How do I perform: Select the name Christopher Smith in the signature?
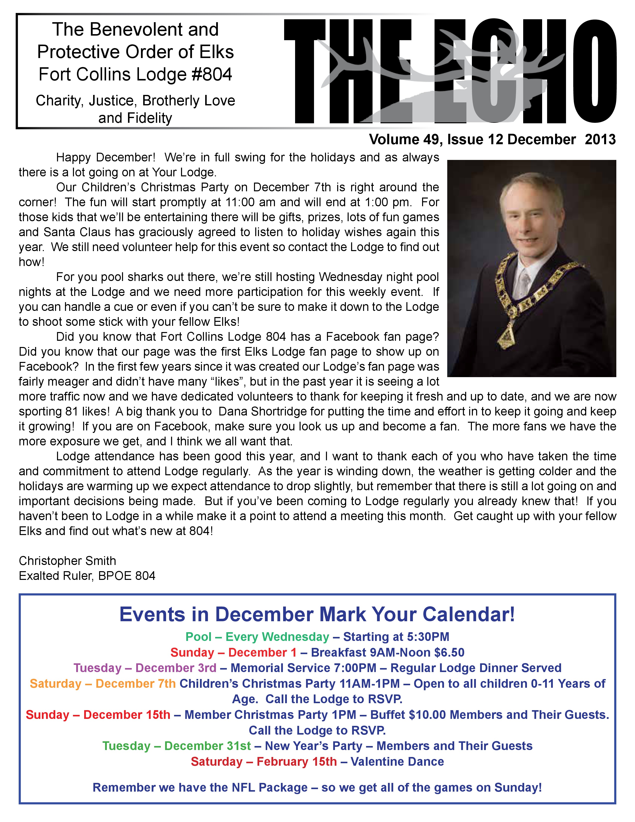click(x=67, y=561)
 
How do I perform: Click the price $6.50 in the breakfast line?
click(x=449, y=652)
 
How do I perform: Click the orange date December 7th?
click(x=135, y=684)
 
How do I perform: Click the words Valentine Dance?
click(x=397, y=761)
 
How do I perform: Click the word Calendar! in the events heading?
click(x=468, y=614)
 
